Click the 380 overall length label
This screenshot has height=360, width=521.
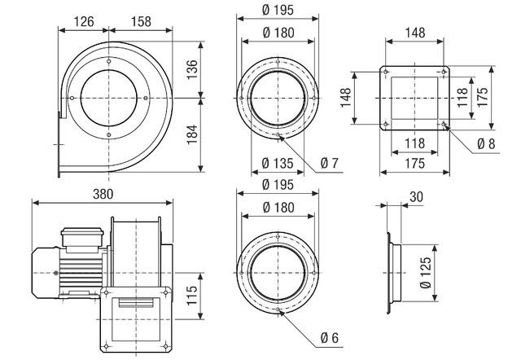pyautogui.click(x=99, y=194)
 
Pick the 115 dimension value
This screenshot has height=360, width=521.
pyautogui.click(x=190, y=291)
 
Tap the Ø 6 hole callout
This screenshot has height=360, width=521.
pyautogui.click(x=328, y=338)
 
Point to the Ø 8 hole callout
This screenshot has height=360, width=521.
pyautogui.click(x=486, y=143)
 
